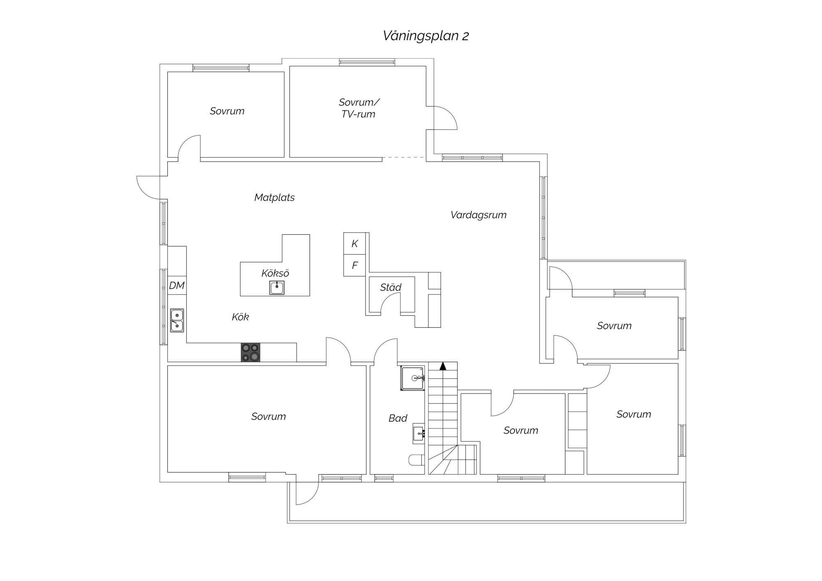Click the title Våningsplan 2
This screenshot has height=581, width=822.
[x=426, y=36]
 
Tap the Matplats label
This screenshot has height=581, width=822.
[x=275, y=197]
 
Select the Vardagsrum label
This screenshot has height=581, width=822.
[x=478, y=215]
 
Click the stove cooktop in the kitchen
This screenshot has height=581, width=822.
[x=250, y=352]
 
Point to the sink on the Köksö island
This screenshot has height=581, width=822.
[x=277, y=288]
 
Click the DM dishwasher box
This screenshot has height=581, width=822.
[x=177, y=285]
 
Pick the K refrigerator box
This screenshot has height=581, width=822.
[x=355, y=243]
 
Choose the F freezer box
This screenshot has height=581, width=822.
[x=355, y=266]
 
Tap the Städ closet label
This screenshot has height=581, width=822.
[x=390, y=287]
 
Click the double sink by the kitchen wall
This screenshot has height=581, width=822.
[x=177, y=321]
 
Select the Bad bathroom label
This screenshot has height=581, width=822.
[x=398, y=418]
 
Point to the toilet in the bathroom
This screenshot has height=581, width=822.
[x=417, y=460]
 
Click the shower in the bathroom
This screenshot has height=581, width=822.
[x=413, y=378]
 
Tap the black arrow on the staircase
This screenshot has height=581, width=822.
[x=443, y=366]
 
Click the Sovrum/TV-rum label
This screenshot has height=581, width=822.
[x=358, y=108]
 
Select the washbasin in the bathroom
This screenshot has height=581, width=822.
[x=419, y=433]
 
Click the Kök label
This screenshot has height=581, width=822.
[x=240, y=317]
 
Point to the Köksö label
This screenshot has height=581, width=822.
[x=275, y=273]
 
